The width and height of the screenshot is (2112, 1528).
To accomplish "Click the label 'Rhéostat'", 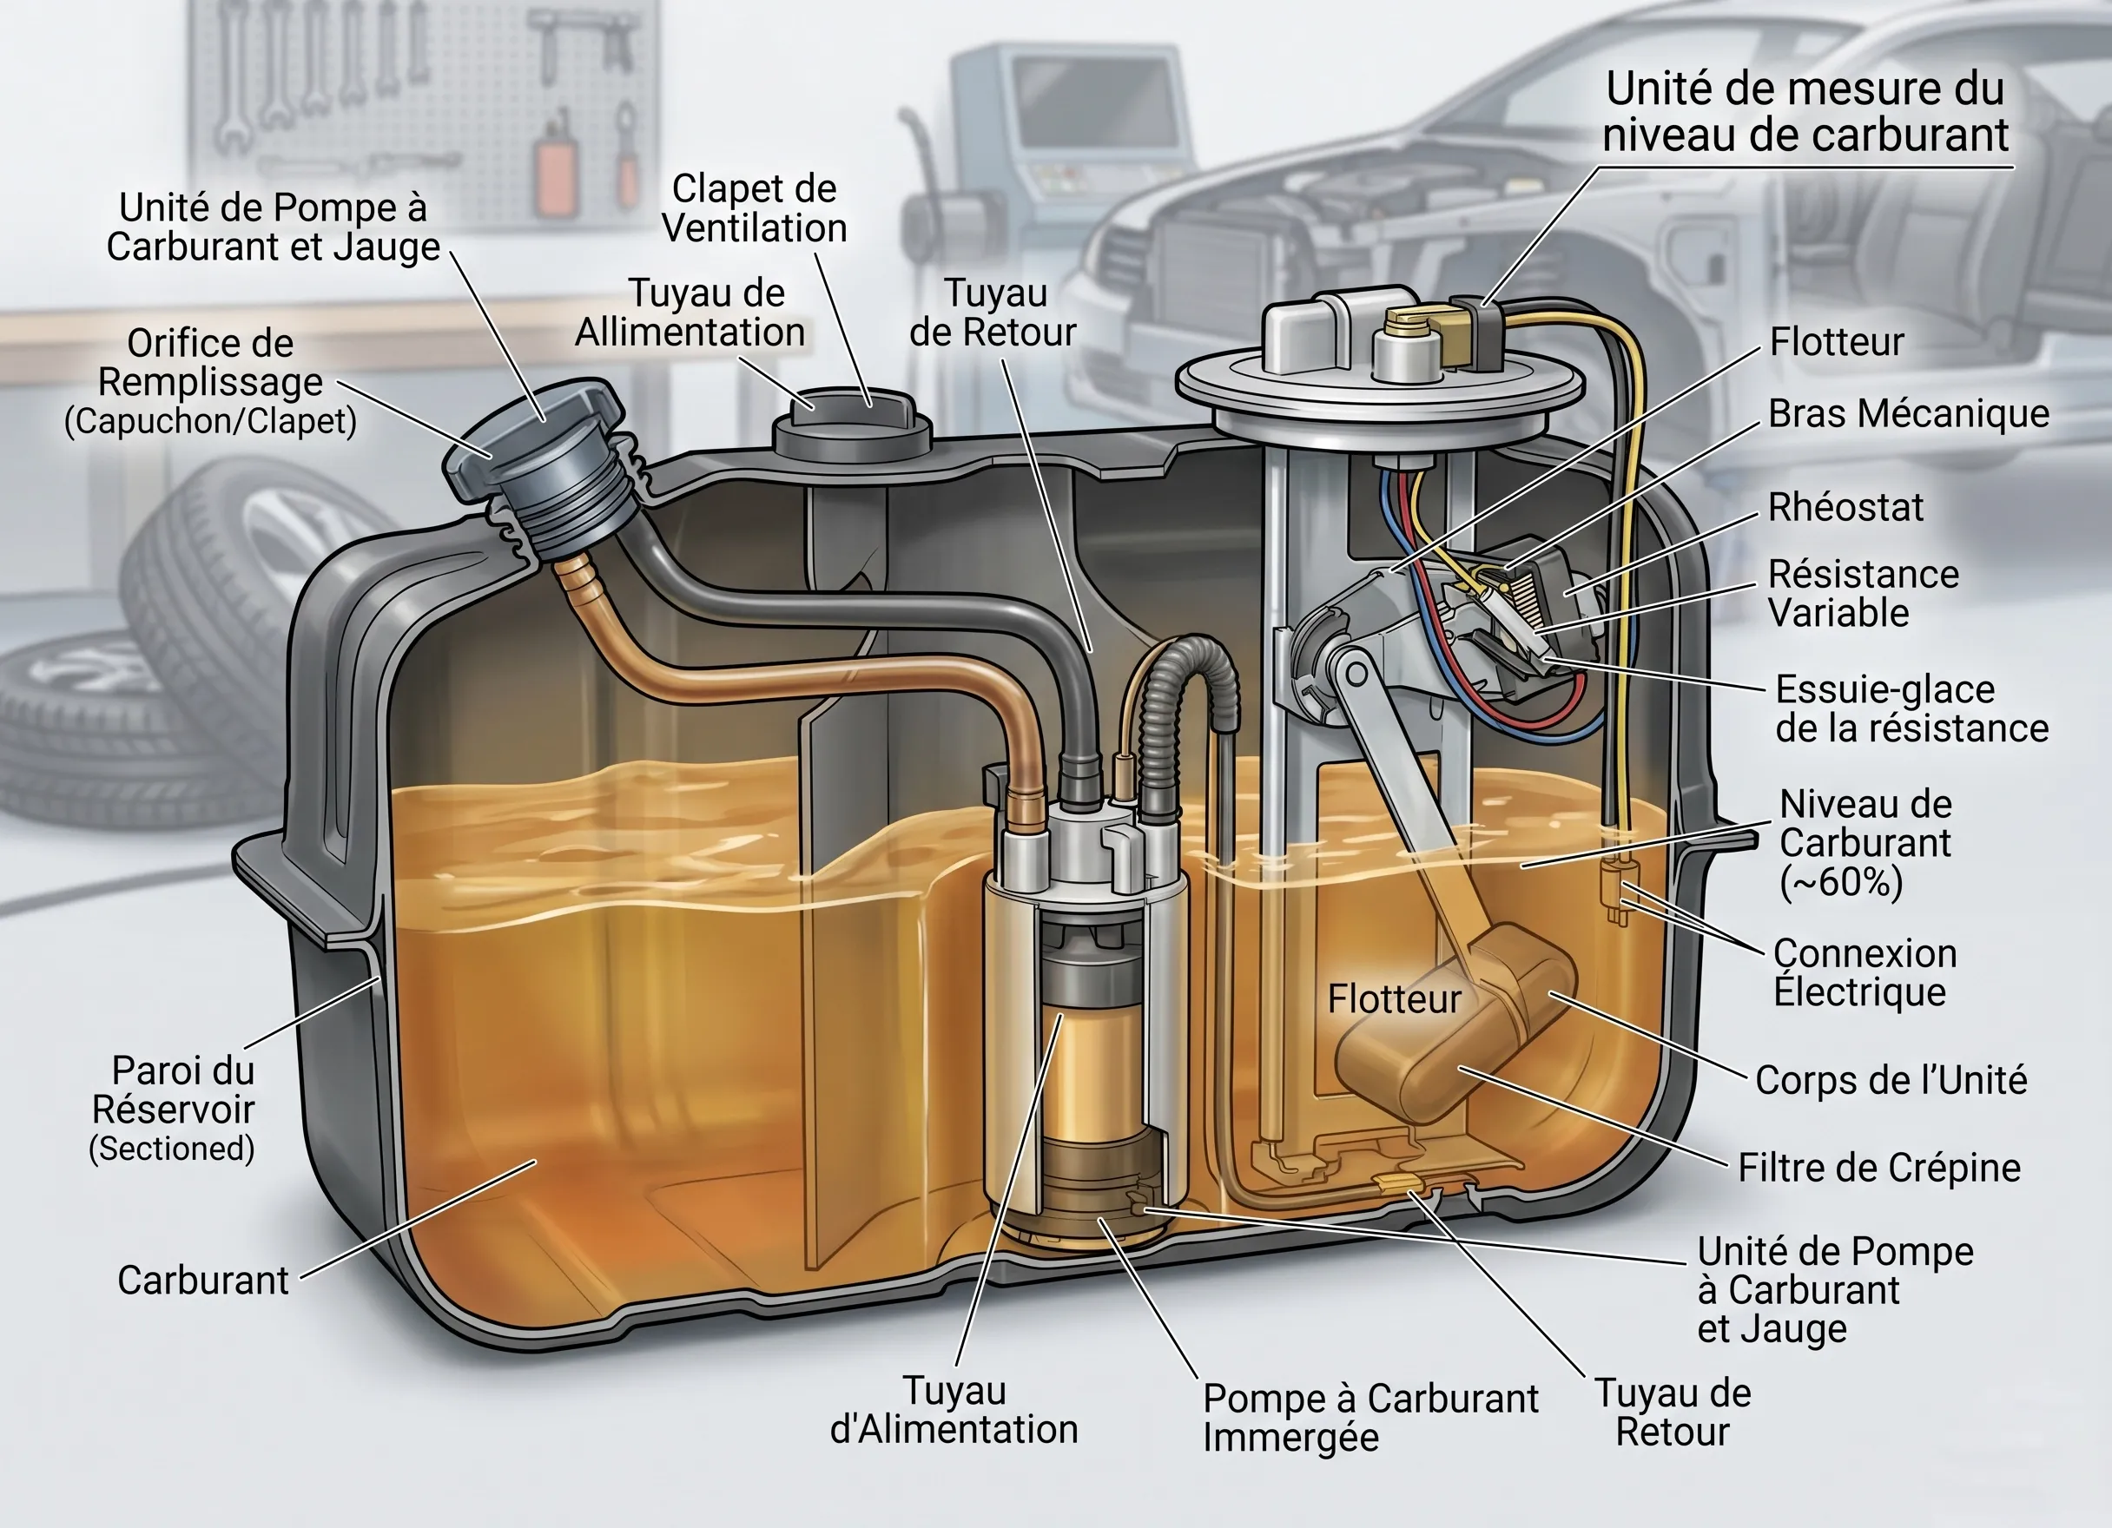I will pos(1845,509).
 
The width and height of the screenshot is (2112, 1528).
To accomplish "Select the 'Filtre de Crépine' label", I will pos(1878,1168).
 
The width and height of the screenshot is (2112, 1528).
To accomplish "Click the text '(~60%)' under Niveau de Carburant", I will pos(1840,883).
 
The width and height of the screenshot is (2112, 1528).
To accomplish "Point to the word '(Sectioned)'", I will pos(171,1149).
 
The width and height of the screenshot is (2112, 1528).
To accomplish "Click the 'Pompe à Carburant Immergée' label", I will pos(1369,1417).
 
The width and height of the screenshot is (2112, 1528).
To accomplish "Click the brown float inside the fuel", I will pos(1453,1024).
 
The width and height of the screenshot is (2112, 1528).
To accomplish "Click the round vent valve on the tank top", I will pos(851,425).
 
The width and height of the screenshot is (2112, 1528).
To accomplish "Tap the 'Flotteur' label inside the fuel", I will pos(1393,999).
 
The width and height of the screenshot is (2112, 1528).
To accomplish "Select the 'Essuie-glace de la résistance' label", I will pos(1910,709).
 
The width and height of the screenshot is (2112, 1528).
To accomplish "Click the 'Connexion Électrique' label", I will pos(1863,973).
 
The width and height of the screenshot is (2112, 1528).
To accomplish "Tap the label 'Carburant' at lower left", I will pos(202,1281).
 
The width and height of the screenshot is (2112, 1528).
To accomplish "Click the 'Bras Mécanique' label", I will pos(1908,414).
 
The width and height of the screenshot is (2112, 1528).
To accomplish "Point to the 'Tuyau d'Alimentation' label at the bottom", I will pos(954,1411).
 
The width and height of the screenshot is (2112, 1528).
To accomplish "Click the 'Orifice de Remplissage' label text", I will pos(210,364).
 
